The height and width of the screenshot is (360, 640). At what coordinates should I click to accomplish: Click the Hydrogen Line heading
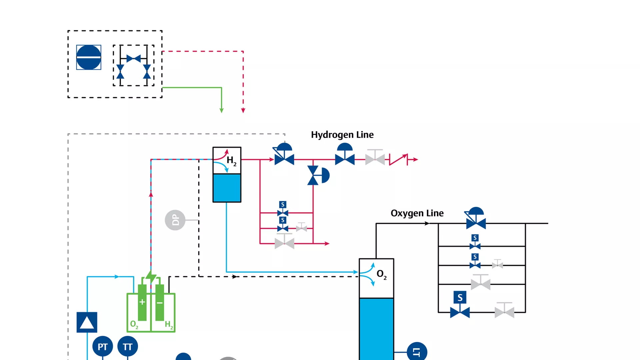pos(342,135)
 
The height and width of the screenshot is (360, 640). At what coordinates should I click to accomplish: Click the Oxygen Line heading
pos(417,213)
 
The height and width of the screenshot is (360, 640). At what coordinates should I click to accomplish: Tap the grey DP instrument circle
pos(175,220)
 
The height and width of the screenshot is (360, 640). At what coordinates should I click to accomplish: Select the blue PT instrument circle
pos(102,347)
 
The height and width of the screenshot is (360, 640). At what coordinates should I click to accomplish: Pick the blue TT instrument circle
pos(127,347)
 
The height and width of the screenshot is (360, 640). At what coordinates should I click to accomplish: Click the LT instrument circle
pos(417,352)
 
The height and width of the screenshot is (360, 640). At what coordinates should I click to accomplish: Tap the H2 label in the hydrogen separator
pos(231,161)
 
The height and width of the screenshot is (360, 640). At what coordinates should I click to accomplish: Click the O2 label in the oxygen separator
pos(381,274)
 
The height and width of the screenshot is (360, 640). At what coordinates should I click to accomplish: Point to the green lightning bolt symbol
pos(151,277)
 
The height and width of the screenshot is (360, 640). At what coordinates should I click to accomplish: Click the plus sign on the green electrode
pos(142,302)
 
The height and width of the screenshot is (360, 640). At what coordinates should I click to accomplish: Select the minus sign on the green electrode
pos(160,303)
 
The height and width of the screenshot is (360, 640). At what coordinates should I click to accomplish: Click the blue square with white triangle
pos(87,322)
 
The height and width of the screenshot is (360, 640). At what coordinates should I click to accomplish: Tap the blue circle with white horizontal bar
pos(89,57)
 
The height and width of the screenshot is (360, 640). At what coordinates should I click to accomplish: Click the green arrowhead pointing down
pos(222,110)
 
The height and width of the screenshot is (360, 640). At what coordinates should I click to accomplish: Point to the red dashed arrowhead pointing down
pos(243,110)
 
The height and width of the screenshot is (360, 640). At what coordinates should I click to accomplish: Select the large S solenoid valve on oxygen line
pos(460,305)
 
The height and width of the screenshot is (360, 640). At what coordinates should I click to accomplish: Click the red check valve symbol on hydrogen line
pos(398,160)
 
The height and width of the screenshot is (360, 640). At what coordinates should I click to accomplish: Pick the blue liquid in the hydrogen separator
pos(227,188)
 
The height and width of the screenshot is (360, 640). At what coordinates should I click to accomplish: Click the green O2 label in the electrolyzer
pos(134,324)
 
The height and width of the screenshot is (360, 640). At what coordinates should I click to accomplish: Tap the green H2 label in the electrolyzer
pos(169,325)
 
